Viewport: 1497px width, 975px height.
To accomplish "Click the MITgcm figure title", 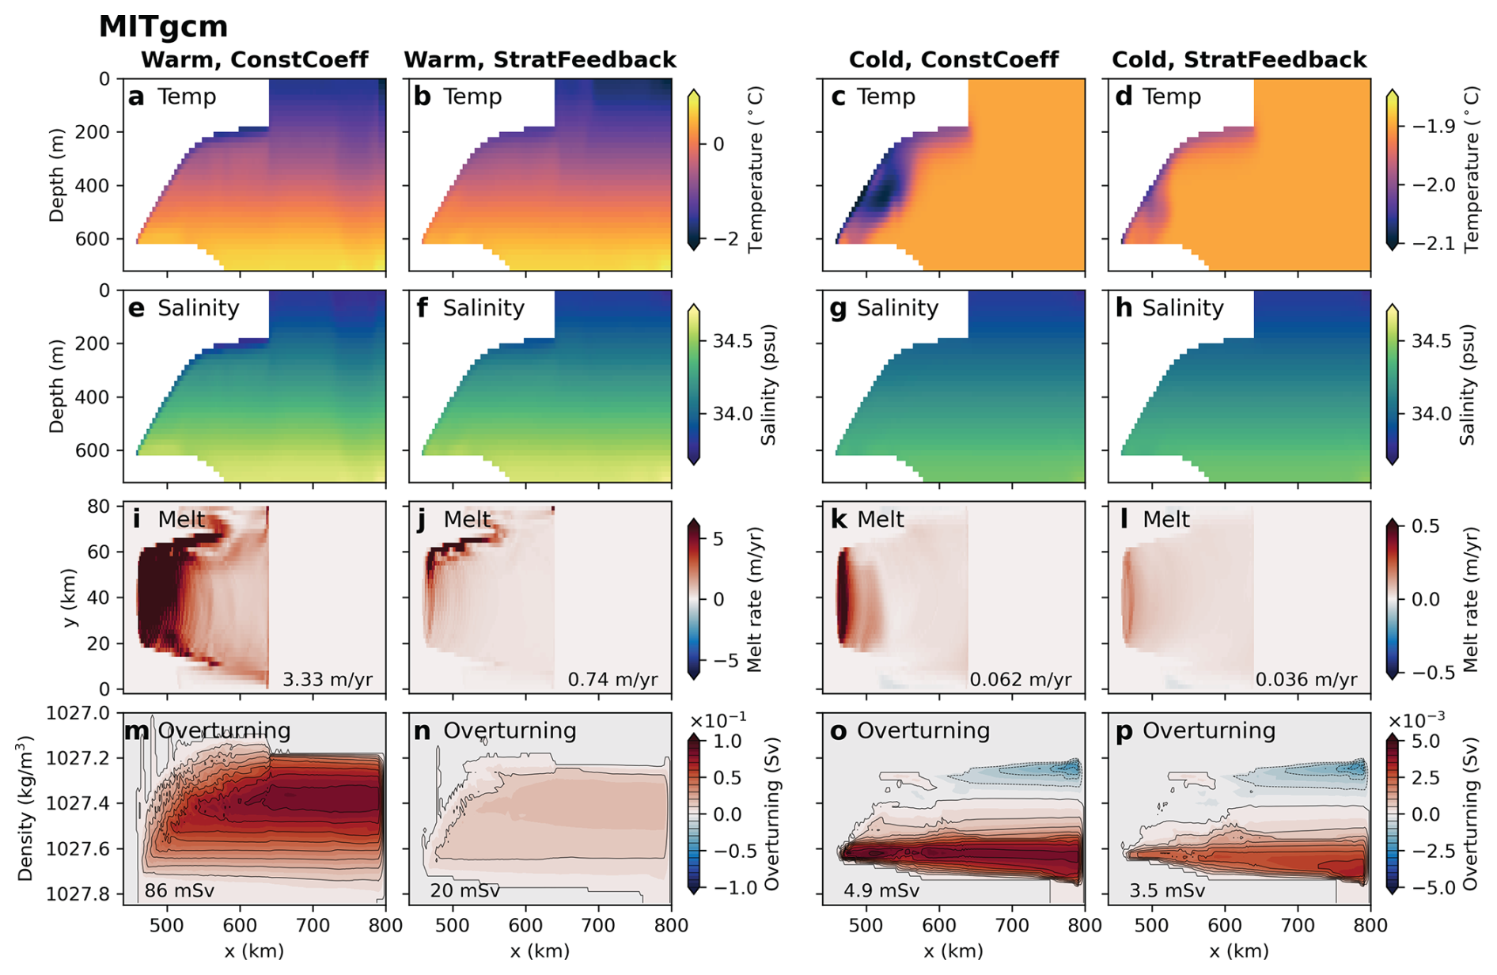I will click(163, 27).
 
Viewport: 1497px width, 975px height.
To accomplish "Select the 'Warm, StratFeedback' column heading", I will click(540, 60).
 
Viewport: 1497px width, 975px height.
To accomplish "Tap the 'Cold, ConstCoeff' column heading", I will click(953, 60).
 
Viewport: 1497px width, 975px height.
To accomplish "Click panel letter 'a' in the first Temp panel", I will click(136, 97).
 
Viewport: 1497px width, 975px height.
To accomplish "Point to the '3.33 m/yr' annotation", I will click(328, 679).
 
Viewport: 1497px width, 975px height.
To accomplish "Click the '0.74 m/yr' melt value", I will click(612, 679).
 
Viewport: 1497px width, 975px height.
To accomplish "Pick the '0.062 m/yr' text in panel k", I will click(1021, 679).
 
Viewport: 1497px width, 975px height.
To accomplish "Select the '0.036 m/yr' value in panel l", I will click(1306, 679).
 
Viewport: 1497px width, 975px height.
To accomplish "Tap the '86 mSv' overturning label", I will click(180, 890).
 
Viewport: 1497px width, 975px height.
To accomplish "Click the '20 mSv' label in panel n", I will click(464, 890).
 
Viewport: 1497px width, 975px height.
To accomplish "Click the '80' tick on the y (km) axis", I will click(99, 506).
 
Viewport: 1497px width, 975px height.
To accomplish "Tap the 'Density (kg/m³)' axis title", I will click(25, 808).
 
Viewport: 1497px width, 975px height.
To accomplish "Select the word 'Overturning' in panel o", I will click(923, 730).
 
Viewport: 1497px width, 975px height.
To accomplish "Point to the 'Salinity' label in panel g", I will click(897, 308).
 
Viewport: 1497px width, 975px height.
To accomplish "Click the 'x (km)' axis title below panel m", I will click(254, 950).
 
